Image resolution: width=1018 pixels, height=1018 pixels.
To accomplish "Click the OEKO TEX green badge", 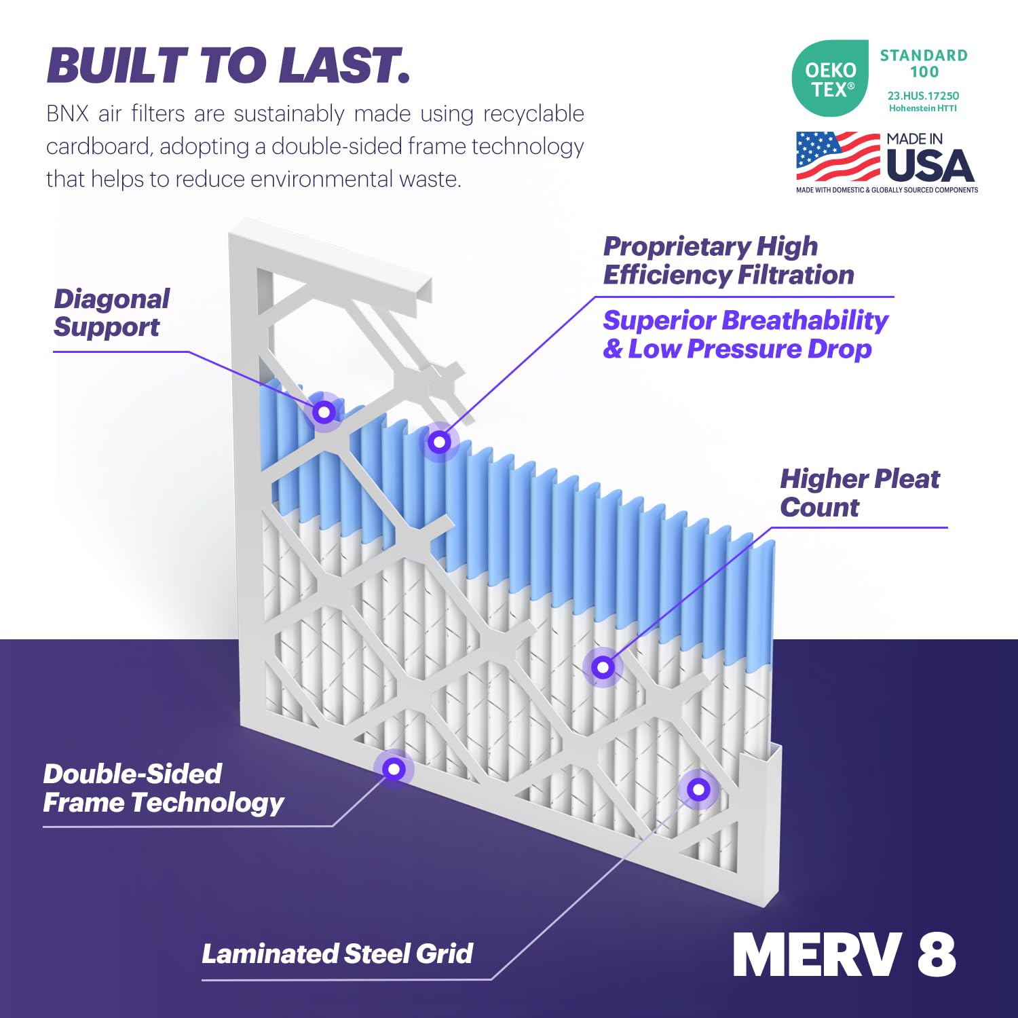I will tap(830, 79).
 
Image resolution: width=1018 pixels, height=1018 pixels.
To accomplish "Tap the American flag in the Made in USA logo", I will tap(837, 156).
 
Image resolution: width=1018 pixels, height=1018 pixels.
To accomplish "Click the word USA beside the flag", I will tap(930, 166).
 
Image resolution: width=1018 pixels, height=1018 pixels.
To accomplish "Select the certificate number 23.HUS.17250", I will tap(923, 96).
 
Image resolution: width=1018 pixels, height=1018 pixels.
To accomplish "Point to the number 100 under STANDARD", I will tap(924, 72).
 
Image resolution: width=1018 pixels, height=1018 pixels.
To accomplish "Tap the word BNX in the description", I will tap(67, 113).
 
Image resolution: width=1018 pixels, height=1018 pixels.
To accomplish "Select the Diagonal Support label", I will tap(111, 313).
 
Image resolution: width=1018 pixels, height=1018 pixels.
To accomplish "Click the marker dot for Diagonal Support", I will tap(324, 411).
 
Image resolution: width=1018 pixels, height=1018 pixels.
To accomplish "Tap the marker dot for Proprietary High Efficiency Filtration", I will tap(439, 442).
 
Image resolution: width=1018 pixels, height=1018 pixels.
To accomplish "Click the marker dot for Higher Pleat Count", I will tap(603, 667).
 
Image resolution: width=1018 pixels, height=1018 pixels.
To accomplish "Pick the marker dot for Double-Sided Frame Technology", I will tap(394, 769).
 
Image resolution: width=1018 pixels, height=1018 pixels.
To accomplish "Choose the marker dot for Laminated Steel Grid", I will tap(698, 789).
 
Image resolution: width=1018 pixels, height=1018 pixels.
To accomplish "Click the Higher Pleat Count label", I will tap(859, 493).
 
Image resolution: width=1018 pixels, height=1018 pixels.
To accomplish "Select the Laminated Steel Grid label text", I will tap(337, 954).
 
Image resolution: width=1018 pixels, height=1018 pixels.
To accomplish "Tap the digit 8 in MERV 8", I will tap(937, 954).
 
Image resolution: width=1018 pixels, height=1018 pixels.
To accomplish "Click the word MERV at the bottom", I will tap(817, 954).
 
